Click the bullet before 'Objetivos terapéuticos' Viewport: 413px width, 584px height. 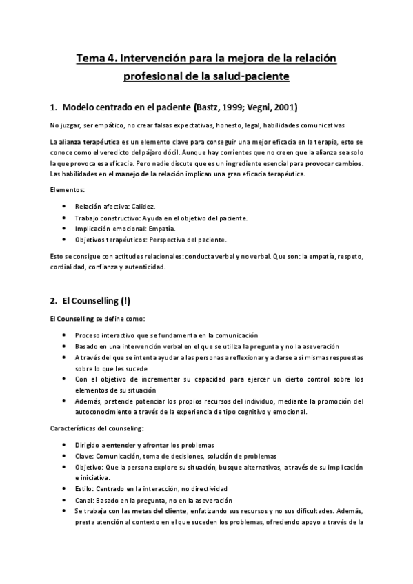(64, 240)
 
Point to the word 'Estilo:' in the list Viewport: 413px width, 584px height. (87, 489)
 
